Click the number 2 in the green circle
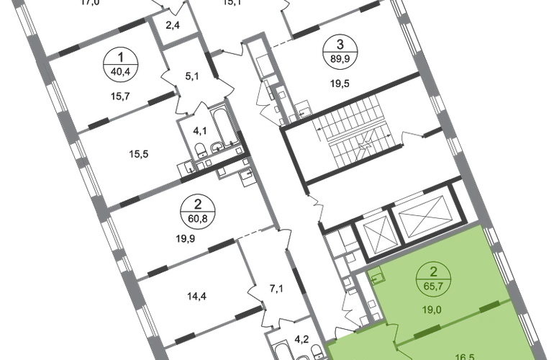coord(434,272)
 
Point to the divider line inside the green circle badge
coord(434,279)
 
